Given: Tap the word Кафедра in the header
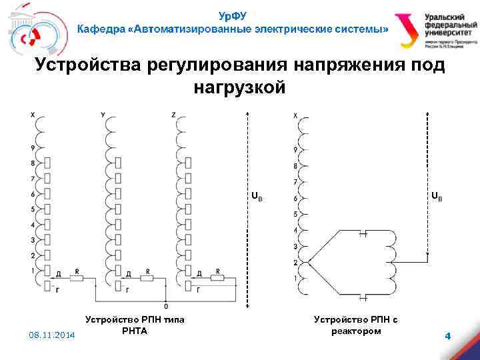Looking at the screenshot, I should tap(101, 30).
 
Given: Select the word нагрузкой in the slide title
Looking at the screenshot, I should tap(240, 87).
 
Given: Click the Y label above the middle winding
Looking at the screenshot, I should tap(103, 115).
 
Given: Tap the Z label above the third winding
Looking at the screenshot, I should tap(173, 115).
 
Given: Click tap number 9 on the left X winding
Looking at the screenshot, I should tap(33, 148).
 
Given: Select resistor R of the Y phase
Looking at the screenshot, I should tap(148, 277).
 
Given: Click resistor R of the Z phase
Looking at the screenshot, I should tap(219, 277).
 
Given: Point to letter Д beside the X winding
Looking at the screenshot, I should tap(59, 274).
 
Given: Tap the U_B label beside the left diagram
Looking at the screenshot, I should tap(257, 197).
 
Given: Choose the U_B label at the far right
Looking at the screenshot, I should tap(436, 197).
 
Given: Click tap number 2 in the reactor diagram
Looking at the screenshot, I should tap(295, 262).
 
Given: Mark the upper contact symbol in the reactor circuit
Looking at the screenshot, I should tap(364, 233).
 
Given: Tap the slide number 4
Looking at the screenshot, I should tap(448, 336).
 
